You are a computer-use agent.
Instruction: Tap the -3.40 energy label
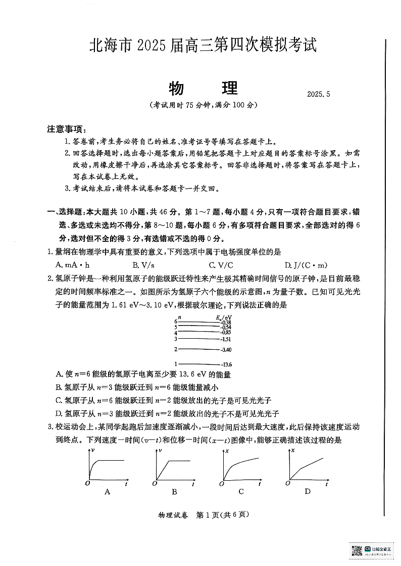pos(226,350)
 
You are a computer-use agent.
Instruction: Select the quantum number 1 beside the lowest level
pos(176,363)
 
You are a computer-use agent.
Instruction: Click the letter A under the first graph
pos(107,492)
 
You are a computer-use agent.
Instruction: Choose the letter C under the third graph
pos(241,492)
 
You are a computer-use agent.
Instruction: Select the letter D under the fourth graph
pos(308,492)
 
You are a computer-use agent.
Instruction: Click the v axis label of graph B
pos(160,450)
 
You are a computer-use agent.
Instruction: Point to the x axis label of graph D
pos(293,450)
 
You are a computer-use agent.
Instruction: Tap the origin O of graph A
pos(87,483)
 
